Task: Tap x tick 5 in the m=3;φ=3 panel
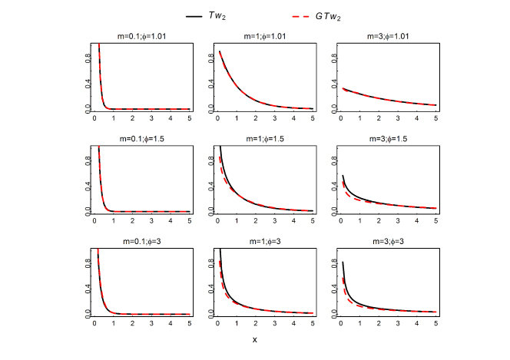click(x=435, y=324)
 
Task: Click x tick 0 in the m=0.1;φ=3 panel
click(x=94, y=324)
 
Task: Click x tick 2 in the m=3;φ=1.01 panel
click(x=378, y=120)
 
